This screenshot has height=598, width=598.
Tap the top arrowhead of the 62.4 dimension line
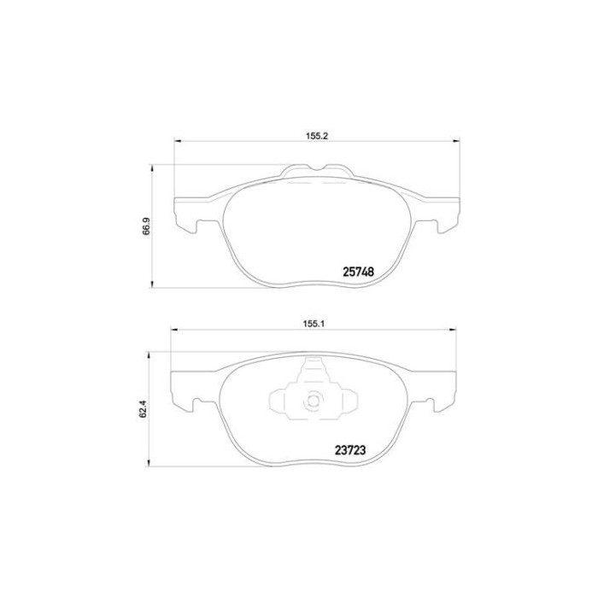[x=154, y=349]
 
